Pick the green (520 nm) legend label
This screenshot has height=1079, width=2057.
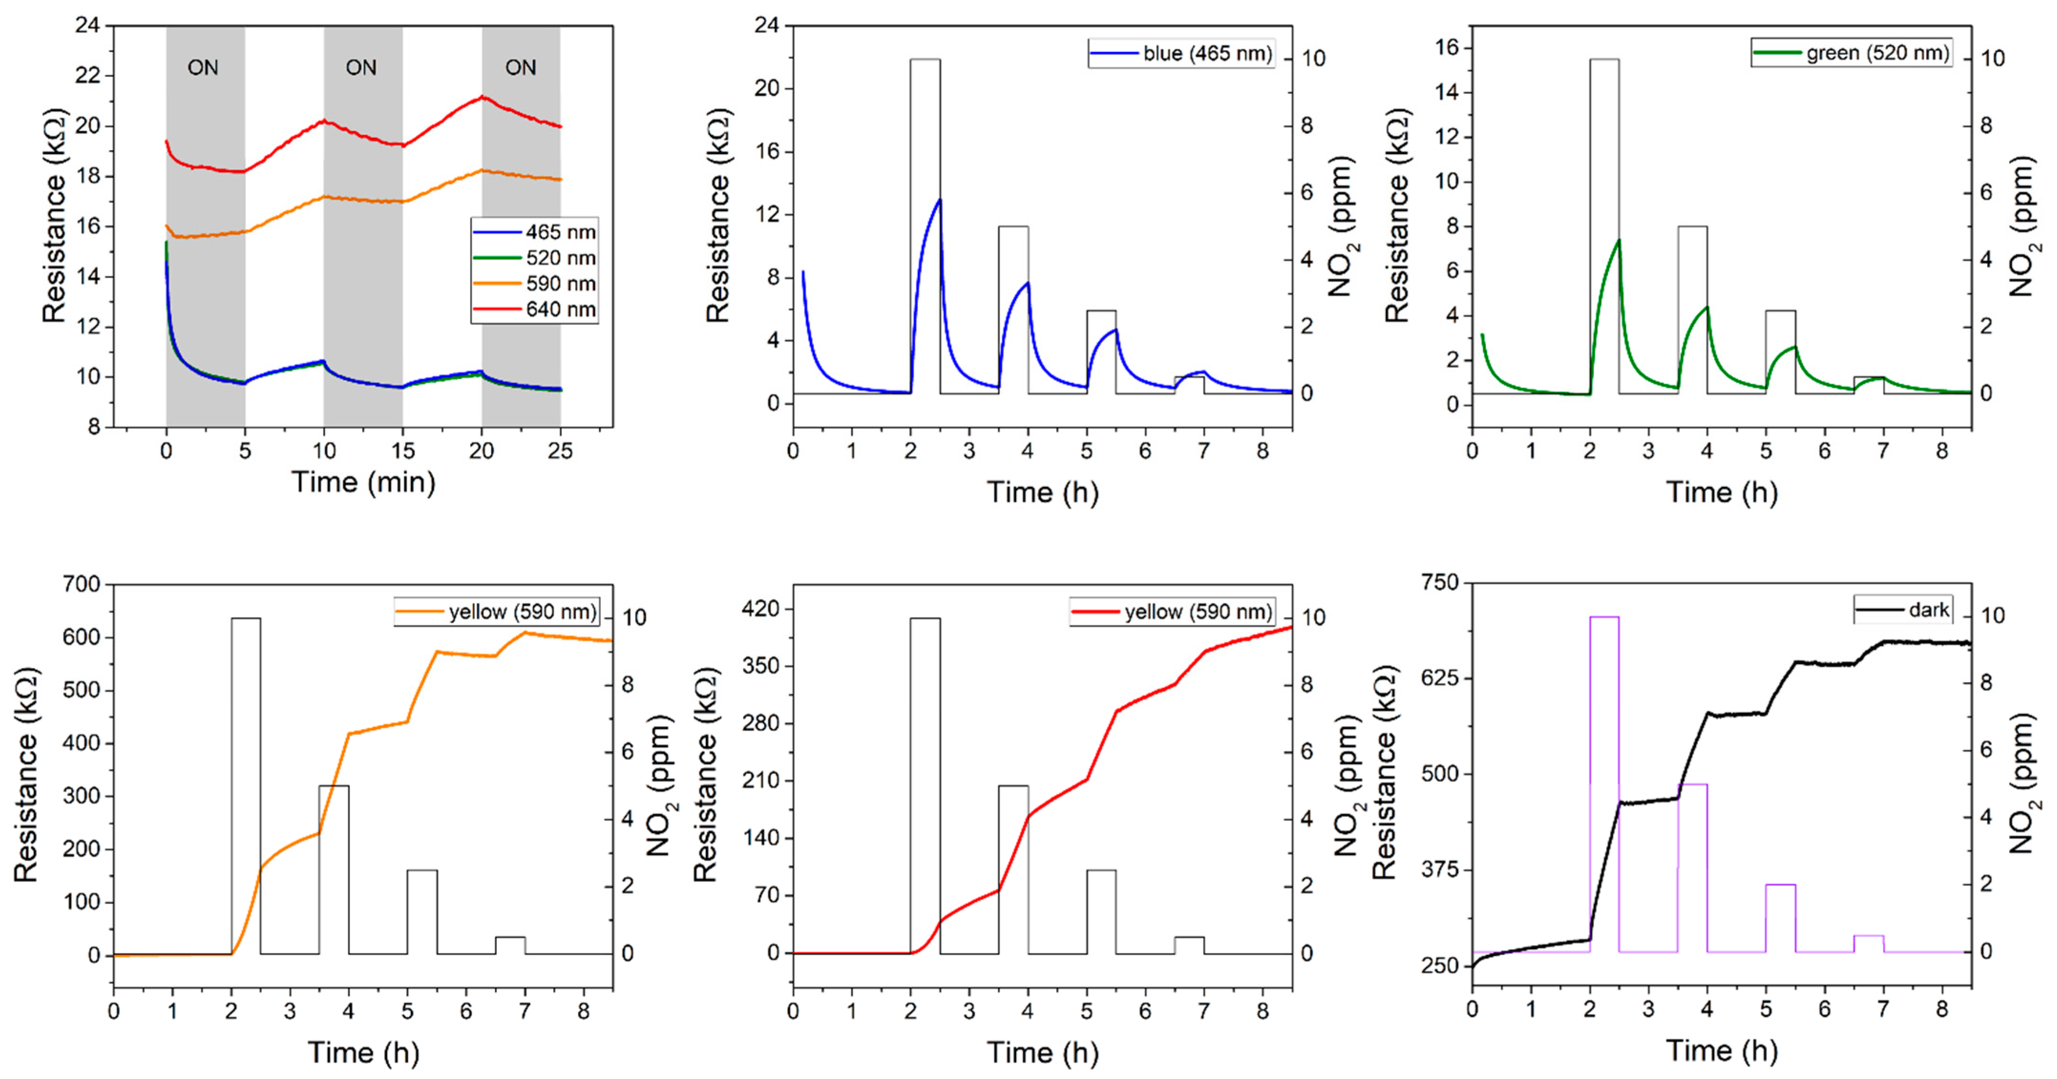tap(1877, 53)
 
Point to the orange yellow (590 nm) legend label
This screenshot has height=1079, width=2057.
tap(522, 612)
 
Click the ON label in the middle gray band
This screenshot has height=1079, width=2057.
tap(361, 68)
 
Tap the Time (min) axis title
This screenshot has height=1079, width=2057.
tap(363, 482)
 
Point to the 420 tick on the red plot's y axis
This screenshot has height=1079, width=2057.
tap(761, 610)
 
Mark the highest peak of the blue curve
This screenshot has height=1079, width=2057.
tap(940, 199)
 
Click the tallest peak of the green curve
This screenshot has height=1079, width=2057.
tap(1618, 239)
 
